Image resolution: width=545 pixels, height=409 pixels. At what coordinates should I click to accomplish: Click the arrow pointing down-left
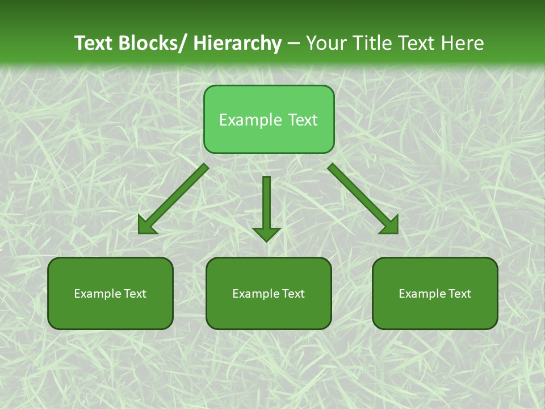click(x=174, y=199)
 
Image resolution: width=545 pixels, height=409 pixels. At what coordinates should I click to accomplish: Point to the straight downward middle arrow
click(x=267, y=204)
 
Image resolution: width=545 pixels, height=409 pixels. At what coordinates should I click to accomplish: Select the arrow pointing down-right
click(x=363, y=199)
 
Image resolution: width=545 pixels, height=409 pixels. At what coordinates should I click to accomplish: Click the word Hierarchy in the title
click(x=237, y=43)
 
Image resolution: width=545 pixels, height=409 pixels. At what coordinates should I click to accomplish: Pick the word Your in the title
click(x=327, y=43)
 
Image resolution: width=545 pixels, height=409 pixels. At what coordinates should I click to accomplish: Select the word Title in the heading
click(x=373, y=43)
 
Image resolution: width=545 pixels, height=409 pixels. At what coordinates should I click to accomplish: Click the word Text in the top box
click(x=302, y=120)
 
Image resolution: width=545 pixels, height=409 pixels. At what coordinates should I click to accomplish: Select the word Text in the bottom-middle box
click(x=294, y=294)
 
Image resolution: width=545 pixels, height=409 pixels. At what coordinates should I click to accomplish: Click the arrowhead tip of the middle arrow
click(x=267, y=240)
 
